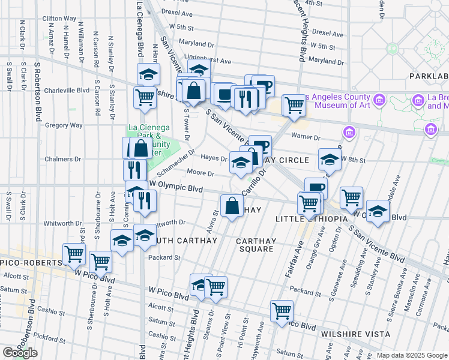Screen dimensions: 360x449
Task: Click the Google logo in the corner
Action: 20,353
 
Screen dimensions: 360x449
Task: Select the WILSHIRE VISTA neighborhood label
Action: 355,334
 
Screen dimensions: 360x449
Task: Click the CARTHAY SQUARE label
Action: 256,245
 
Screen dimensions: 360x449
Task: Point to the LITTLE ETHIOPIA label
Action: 311,220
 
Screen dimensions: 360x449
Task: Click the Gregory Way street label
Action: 64,125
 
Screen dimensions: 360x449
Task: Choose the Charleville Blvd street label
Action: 66,90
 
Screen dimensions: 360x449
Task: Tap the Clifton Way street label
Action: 60,19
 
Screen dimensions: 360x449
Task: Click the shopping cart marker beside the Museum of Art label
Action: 294,106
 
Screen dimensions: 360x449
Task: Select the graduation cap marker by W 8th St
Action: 330,159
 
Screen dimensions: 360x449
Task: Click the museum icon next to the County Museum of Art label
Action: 379,99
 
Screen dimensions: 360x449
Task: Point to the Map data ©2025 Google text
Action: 412,355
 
